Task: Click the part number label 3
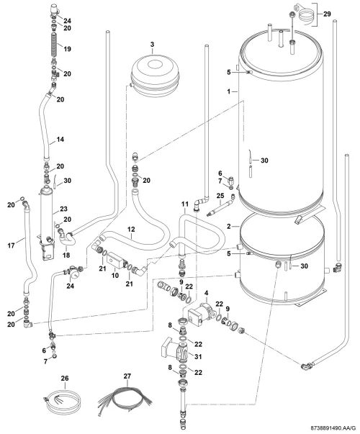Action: [x=153, y=45]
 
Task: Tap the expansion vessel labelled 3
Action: [x=155, y=76]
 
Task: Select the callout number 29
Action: [x=327, y=14]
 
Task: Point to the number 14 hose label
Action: [x=60, y=139]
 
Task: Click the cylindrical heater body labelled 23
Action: [x=46, y=213]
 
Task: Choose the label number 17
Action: [x=11, y=245]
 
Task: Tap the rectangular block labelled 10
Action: [x=115, y=261]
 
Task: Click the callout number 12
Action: [x=131, y=229]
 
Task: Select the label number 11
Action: [x=185, y=204]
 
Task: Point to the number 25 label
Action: [x=220, y=196]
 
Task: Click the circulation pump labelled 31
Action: [x=175, y=350]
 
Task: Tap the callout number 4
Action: [x=207, y=292]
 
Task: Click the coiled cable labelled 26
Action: [x=63, y=402]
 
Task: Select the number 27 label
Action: [x=127, y=376]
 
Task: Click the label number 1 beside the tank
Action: [x=229, y=91]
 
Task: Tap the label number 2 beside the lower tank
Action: [x=229, y=227]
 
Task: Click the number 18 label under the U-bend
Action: [x=66, y=255]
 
